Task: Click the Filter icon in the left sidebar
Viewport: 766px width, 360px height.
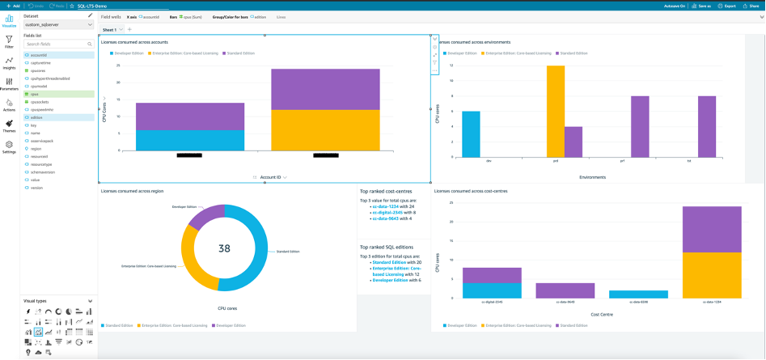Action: pyautogui.click(x=9, y=42)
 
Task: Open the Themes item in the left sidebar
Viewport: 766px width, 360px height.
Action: pyautogui.click(x=9, y=125)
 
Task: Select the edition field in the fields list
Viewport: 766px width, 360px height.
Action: pyautogui.click(x=36, y=117)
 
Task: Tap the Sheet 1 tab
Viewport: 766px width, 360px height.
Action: pyautogui.click(x=110, y=29)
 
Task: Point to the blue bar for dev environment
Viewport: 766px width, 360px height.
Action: pyautogui.click(x=471, y=133)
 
